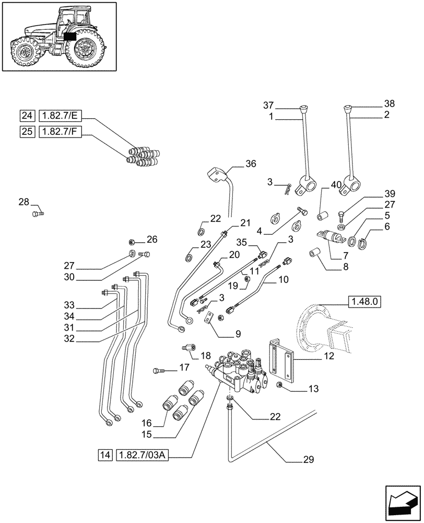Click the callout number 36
pos(251,164)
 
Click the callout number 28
pos(24,201)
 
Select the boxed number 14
pos(104,456)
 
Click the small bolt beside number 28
pos(38,213)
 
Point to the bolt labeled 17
pos(159,370)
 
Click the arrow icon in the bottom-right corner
pos(402,504)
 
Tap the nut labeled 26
pos(133,242)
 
